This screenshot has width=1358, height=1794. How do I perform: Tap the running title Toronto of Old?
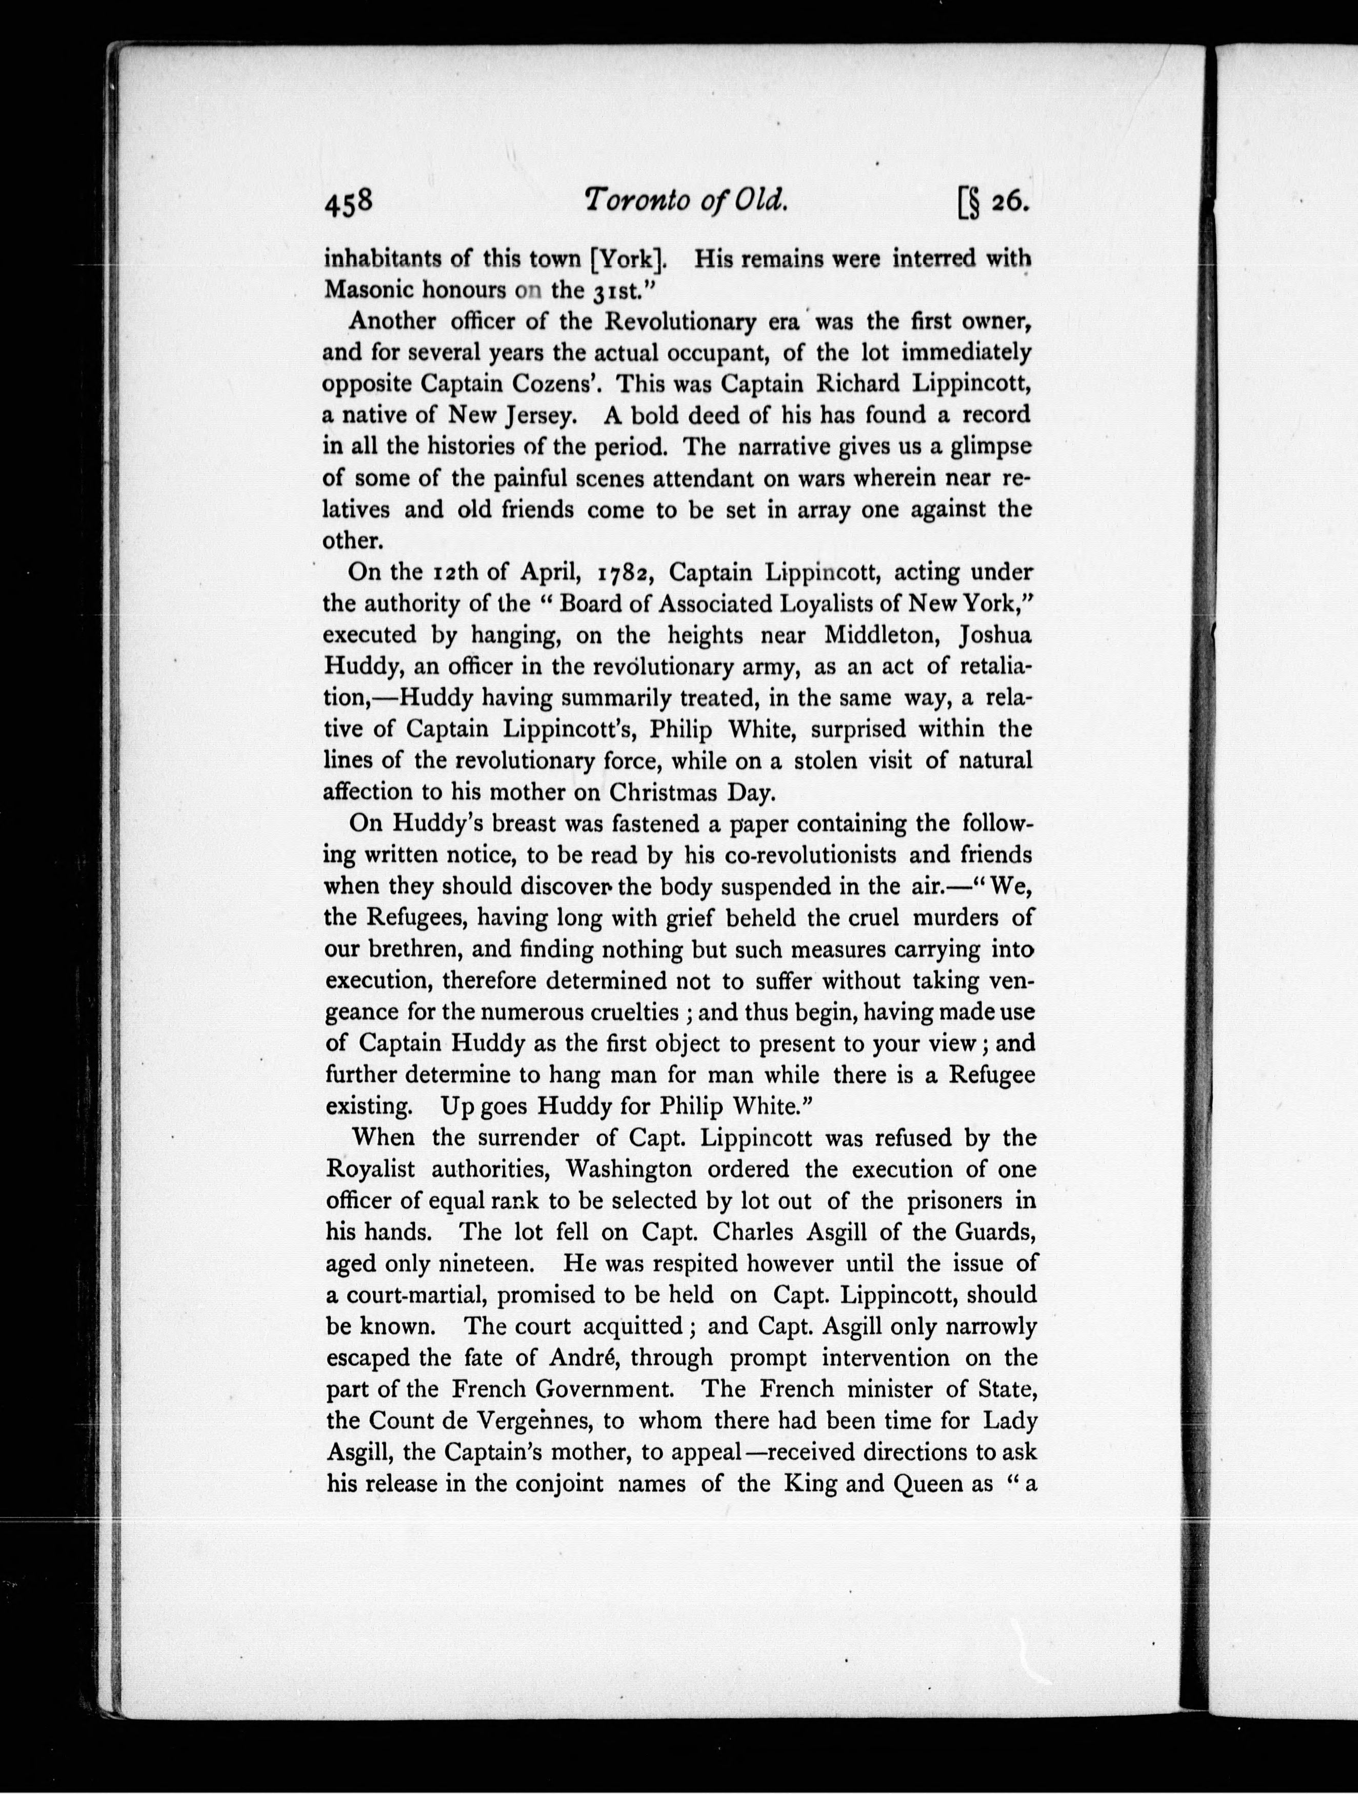point(686,200)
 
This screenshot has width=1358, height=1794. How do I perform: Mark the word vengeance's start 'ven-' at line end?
point(1013,981)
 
